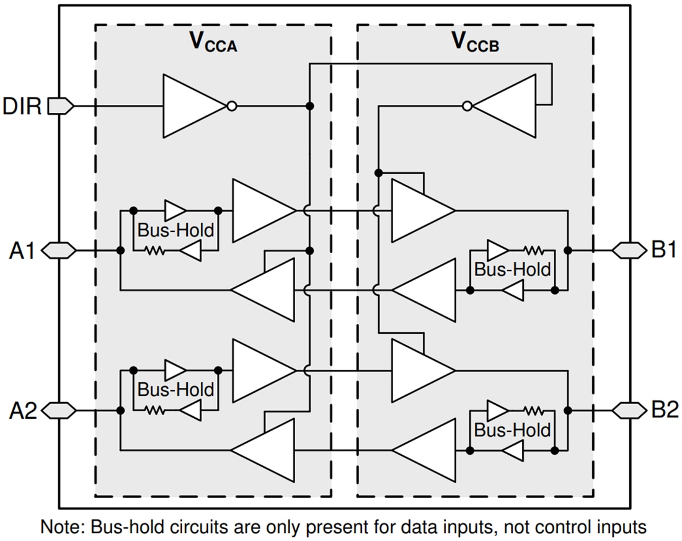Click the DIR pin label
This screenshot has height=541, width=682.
point(22,107)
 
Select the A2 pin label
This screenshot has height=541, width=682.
point(22,411)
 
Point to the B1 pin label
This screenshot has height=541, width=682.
point(665,251)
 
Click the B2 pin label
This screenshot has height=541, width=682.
point(665,411)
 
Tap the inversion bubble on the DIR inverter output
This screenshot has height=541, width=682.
point(231,106)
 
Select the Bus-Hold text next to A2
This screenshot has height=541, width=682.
point(175,390)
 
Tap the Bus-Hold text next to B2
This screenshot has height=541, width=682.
point(512,430)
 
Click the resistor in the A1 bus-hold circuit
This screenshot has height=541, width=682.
point(154,251)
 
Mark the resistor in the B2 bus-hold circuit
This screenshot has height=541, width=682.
point(533,411)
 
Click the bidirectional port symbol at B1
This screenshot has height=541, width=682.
point(629,251)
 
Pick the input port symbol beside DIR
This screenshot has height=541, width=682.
point(60,106)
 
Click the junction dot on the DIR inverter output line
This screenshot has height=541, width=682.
point(310,106)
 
